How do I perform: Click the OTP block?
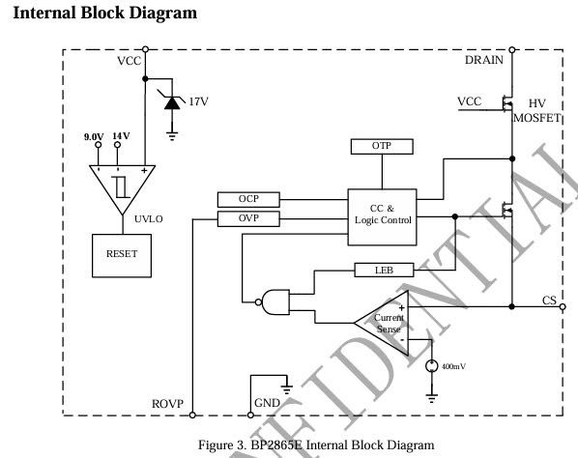[382, 147]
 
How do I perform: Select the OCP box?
[248, 200]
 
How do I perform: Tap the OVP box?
[248, 219]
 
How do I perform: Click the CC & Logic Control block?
[382, 217]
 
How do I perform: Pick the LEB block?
[384, 271]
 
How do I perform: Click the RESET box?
[122, 255]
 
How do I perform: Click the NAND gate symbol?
[273, 302]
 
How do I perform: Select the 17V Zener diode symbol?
[172, 102]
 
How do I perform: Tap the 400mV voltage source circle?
[432, 366]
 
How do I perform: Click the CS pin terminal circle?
[563, 306]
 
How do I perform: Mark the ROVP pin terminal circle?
[192, 415]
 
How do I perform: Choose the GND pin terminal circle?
[250, 415]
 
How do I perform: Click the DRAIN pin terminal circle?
[512, 49]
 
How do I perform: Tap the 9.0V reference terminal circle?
[99, 145]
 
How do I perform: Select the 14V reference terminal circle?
[117, 145]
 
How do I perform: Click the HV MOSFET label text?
[537, 110]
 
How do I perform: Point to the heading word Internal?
[44, 13]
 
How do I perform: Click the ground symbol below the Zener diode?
[172, 136]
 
